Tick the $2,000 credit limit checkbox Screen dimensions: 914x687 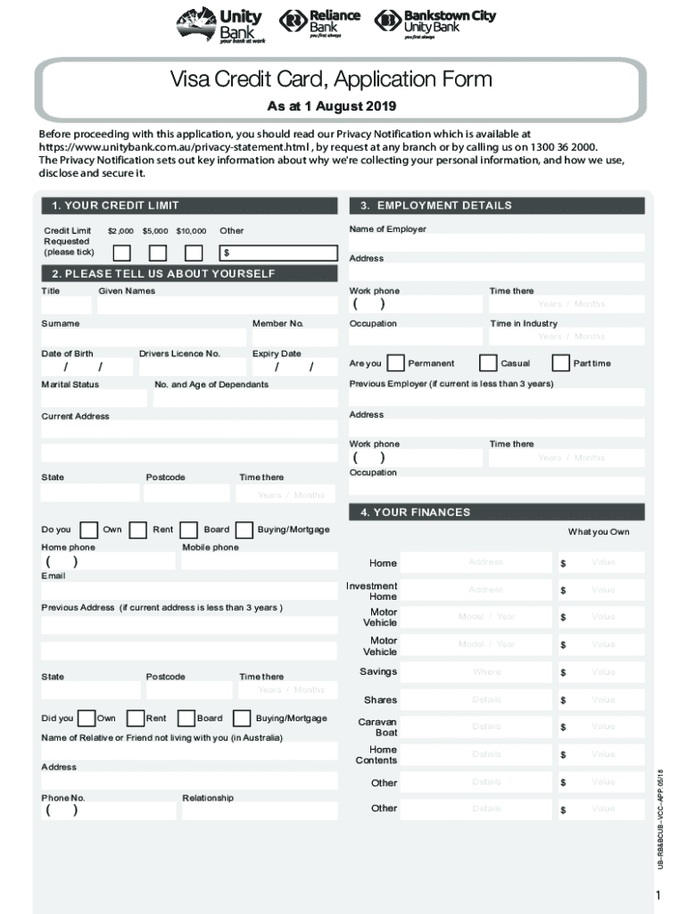(122, 253)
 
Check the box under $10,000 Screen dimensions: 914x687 (193, 253)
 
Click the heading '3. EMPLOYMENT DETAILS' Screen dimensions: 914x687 (436, 205)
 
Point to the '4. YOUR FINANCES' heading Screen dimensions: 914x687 (415, 512)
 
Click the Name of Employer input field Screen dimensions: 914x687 (496, 244)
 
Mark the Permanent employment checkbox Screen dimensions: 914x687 (394, 363)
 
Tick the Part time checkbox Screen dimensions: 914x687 (560, 363)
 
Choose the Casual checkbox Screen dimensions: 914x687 (488, 363)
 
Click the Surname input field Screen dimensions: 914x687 (144, 337)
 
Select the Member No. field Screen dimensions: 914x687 (294, 337)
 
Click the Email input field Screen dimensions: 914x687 (189, 591)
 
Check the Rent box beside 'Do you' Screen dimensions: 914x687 (138, 530)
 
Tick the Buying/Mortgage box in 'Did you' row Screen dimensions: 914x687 (242, 719)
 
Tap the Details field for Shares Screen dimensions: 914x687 (486, 700)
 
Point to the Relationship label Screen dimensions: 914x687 (208, 798)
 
